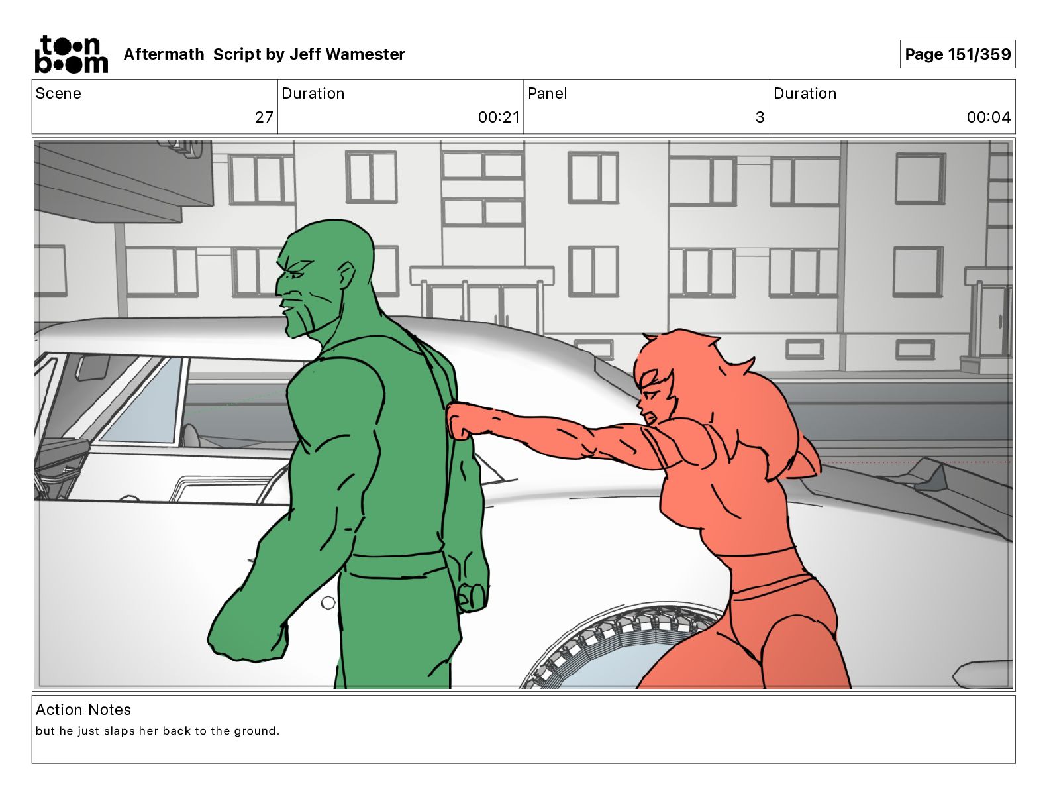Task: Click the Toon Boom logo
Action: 72,54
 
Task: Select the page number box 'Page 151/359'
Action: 958,54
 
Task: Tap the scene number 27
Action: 264,117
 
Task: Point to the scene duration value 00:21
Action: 499,117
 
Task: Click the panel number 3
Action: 760,117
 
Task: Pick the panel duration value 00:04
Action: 988,117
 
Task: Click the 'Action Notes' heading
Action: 83,709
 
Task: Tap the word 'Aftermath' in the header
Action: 164,54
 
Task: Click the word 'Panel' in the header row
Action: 548,93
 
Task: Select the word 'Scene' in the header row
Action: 58,93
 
